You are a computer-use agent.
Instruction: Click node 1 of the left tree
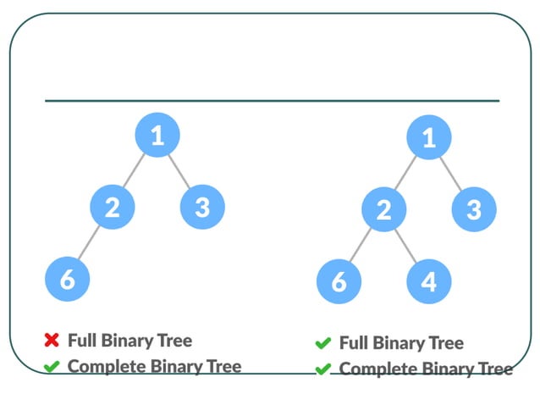[157, 135]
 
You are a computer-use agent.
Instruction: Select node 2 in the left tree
[112, 206]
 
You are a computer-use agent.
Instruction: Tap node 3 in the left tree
[202, 206]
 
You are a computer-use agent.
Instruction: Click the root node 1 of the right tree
[429, 137]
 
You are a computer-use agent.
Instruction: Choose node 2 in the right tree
[383, 209]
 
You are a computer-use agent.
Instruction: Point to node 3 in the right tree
[474, 209]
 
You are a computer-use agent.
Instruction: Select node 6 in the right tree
[339, 281]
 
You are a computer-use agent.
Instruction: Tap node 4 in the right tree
[429, 281]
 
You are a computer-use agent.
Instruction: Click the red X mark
[52, 341]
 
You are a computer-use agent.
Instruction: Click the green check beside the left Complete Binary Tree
[52, 367]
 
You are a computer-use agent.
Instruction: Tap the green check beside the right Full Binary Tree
[322, 343]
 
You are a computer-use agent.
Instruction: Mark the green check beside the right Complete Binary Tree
[322, 369]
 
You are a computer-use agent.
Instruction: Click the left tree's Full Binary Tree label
[129, 341]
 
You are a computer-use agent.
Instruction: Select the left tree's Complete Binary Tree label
[154, 366]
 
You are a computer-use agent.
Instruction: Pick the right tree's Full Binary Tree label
[401, 343]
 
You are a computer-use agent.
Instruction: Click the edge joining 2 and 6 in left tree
[89, 242]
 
